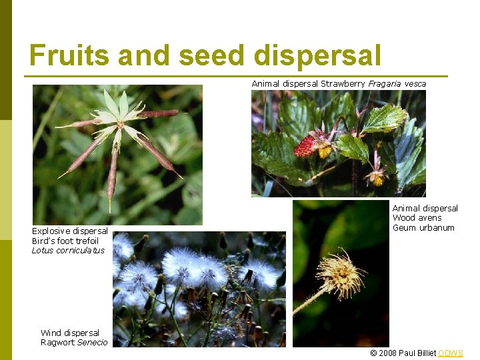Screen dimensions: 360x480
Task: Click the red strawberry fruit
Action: point(307,146)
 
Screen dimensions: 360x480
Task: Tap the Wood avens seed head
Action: point(339,273)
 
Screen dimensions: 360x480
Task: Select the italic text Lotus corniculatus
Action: point(68,251)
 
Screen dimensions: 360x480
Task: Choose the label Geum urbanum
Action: point(423,228)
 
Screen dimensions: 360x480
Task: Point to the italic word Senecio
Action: point(93,343)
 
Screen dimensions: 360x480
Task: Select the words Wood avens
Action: point(417,218)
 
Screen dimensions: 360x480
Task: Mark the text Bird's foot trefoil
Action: point(65,241)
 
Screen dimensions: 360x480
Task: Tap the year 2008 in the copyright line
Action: point(387,353)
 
